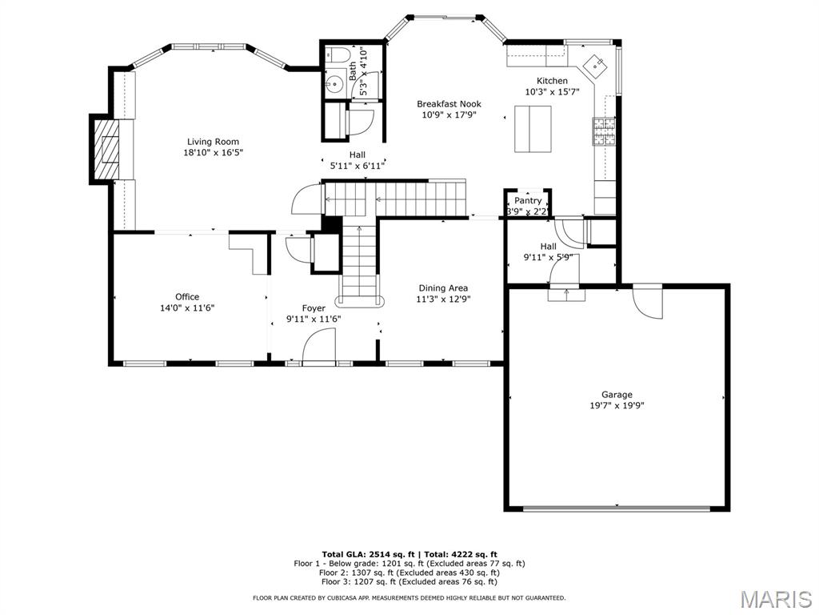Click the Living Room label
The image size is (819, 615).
tap(213, 142)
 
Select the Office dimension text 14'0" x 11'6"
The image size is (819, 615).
tap(187, 307)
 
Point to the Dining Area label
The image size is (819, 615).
tap(443, 288)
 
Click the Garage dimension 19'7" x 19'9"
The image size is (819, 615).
tap(617, 405)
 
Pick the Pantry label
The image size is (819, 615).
tap(528, 200)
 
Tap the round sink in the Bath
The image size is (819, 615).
tap(335, 83)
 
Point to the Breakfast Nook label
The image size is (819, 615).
tap(449, 104)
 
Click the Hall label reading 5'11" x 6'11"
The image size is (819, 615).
tap(357, 166)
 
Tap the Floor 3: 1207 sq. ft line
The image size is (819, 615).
tap(409, 582)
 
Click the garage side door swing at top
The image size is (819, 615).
tap(646, 301)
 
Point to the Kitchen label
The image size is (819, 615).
tap(552, 81)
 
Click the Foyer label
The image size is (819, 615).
tap(314, 308)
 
